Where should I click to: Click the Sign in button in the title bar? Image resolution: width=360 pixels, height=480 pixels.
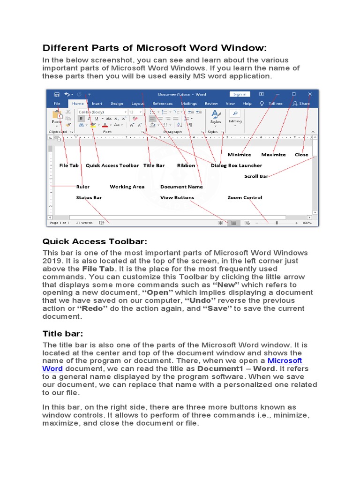pos(240,94)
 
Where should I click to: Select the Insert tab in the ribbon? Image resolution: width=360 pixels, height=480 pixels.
pos(97,104)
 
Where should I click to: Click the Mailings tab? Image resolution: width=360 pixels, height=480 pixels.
pos(189,104)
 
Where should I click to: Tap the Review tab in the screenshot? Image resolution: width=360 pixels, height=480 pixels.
pos(211,104)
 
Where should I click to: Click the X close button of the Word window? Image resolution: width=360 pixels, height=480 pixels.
pos(310,94)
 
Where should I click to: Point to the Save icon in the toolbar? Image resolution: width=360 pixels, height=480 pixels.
pos(57,94)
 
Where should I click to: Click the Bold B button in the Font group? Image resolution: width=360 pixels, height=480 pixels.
pos(81,119)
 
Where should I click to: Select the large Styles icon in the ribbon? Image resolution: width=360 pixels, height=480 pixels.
pos(215,114)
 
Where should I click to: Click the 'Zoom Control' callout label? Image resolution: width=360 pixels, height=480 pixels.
pos(245,198)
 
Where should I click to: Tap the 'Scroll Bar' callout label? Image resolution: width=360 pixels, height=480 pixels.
pos(256,177)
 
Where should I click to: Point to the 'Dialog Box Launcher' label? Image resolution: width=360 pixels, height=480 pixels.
pos(236,165)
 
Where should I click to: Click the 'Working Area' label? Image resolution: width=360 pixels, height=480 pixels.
pos(127,187)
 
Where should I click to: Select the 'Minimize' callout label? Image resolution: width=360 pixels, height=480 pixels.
pos(239,155)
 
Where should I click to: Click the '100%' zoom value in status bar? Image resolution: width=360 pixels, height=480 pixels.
pos(307,223)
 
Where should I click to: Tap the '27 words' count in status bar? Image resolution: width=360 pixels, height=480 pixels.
pos(84,223)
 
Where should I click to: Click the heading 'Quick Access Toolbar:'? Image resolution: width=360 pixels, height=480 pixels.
pos(95,241)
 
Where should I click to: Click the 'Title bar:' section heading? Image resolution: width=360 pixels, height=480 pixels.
pos(63,333)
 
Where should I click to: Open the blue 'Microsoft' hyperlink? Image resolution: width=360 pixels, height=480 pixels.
pos(285,360)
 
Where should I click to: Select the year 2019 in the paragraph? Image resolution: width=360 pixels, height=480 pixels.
pos(52,261)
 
